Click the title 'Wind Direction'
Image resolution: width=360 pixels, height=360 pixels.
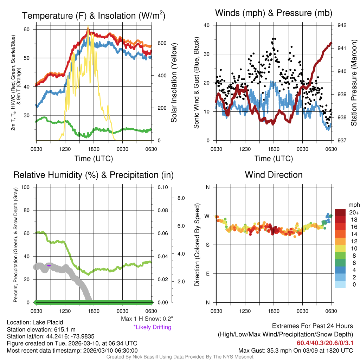click(274, 175)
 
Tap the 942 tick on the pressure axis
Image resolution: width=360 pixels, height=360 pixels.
click(342, 25)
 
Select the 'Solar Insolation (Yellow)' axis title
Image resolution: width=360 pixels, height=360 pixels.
click(174, 83)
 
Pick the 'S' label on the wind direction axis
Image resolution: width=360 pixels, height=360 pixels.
click(207, 245)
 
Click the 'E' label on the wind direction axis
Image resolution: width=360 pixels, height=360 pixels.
click(207, 274)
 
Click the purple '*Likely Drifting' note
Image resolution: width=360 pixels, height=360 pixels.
click(152, 327)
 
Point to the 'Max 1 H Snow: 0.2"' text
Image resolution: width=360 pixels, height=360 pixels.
click(147, 319)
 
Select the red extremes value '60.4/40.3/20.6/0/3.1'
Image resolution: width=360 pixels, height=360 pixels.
click(325, 343)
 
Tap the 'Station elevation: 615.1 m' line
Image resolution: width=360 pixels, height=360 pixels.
click(41, 329)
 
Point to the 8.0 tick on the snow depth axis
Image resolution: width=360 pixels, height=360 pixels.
click(181, 198)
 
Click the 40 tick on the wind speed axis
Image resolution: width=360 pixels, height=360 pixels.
click(207, 25)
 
